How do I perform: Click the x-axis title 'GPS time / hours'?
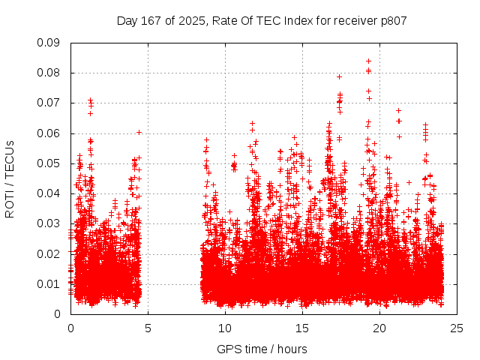click(x=262, y=349)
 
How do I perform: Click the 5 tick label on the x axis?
click(x=148, y=328)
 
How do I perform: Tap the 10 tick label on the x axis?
click(x=225, y=328)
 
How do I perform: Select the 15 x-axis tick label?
click(x=302, y=328)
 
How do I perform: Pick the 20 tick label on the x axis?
click(x=379, y=328)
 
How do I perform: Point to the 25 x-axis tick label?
click(x=457, y=328)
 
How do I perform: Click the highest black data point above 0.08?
click(x=368, y=61)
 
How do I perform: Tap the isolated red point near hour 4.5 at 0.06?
click(x=139, y=132)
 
